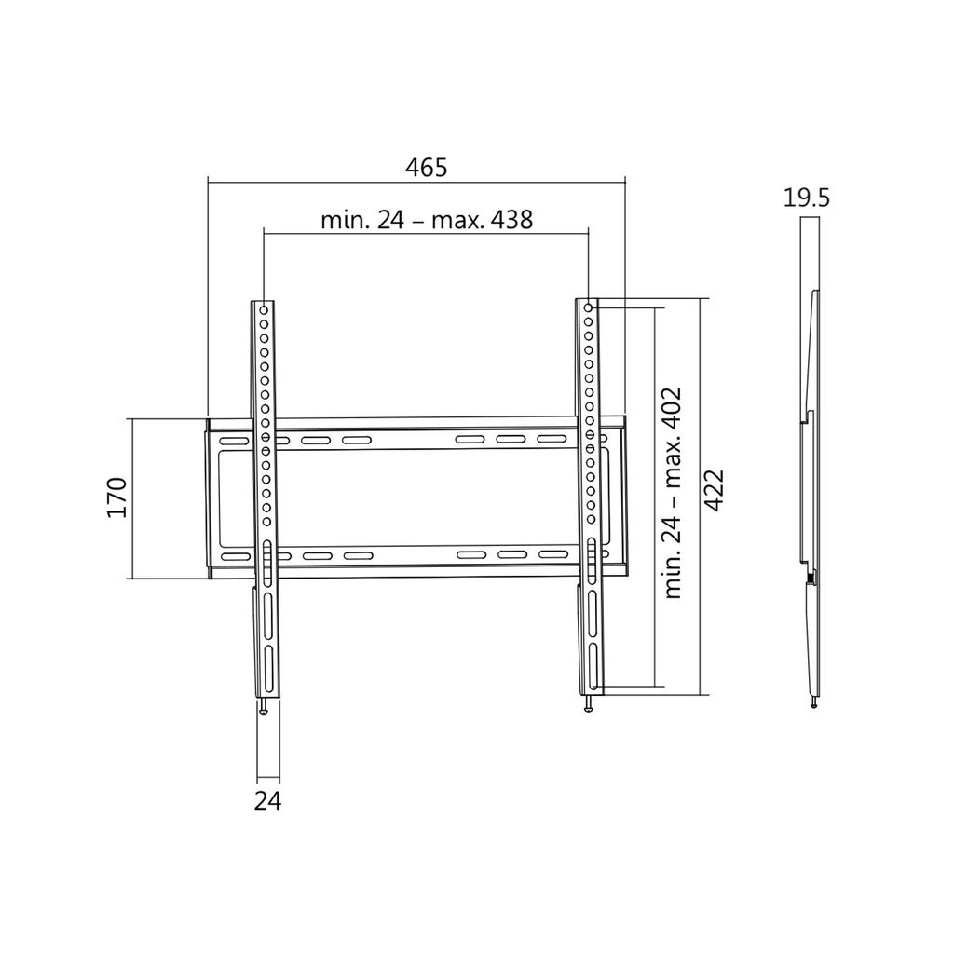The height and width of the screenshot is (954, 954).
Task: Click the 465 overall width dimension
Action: [426, 168]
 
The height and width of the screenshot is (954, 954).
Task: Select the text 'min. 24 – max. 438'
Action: [427, 220]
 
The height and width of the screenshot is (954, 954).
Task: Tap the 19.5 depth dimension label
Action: [806, 198]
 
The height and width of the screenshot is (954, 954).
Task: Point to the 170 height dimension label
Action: [116, 497]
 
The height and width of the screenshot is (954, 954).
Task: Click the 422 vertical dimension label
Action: [713, 490]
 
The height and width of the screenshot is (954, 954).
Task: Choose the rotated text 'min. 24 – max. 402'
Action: [673, 494]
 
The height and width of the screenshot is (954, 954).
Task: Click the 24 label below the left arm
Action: [267, 800]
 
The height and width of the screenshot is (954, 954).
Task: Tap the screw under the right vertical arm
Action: [588, 702]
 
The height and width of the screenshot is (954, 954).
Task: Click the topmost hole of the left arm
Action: [264, 309]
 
